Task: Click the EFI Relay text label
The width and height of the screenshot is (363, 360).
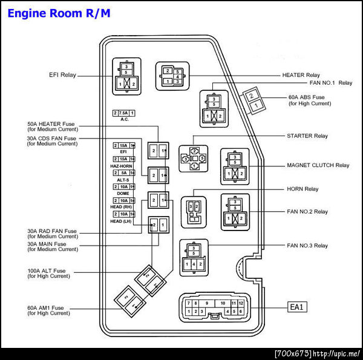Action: coord(63,75)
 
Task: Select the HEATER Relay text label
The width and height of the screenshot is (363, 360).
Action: coord(301,75)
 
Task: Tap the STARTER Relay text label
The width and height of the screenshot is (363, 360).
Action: coord(307,136)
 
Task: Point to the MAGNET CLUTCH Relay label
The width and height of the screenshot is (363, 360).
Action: coord(318,165)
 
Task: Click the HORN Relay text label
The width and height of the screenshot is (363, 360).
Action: coord(302,189)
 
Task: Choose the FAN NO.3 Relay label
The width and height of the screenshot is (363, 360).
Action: coord(307,246)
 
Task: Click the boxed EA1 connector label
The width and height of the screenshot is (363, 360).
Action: coord(298,307)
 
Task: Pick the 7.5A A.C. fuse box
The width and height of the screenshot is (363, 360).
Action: coord(123,113)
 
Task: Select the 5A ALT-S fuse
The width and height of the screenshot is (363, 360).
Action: coord(123,172)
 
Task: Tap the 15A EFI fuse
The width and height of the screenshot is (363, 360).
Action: coord(123,146)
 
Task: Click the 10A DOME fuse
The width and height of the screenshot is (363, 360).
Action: coord(123,186)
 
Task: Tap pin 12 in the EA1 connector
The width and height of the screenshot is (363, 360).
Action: coord(241,303)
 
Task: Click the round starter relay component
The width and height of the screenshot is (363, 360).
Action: coord(194,159)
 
